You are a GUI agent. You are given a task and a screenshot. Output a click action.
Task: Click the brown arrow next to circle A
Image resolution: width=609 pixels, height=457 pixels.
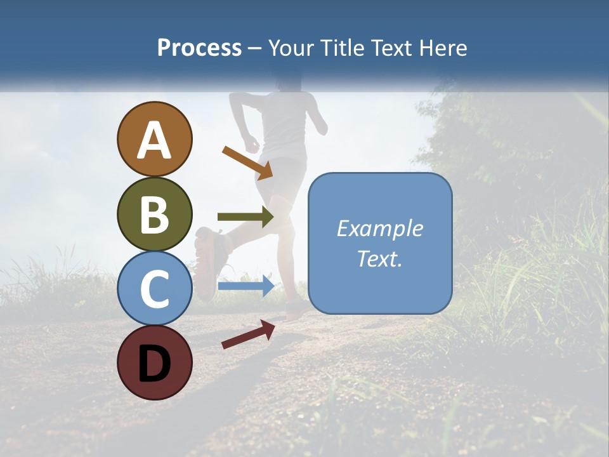click(x=247, y=162)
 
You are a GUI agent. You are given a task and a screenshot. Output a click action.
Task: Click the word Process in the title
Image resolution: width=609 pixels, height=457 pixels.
click(x=199, y=48)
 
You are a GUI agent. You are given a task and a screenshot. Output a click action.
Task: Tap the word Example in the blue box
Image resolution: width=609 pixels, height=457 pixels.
click(x=379, y=228)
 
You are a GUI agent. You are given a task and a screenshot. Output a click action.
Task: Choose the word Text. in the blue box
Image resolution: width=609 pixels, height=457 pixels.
click(x=379, y=259)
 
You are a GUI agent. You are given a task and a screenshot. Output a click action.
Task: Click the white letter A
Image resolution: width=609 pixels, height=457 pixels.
click(x=154, y=141)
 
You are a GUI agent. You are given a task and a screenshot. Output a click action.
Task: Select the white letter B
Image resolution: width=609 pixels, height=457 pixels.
click(x=154, y=215)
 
